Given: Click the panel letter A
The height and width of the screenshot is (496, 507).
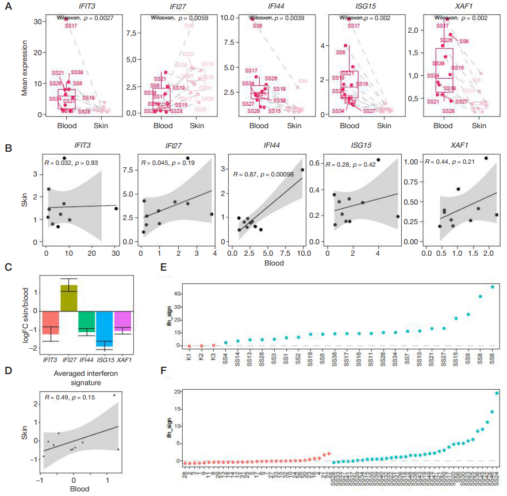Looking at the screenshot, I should tap(7, 8).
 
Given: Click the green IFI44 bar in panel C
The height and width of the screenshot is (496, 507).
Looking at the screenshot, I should tap(87, 320).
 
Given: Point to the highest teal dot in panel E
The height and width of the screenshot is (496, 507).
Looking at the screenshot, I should tap(492, 287).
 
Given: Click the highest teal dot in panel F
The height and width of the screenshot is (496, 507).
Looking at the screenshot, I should tap(497, 393).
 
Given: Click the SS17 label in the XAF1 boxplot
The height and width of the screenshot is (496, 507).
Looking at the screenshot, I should tap(443, 26).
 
